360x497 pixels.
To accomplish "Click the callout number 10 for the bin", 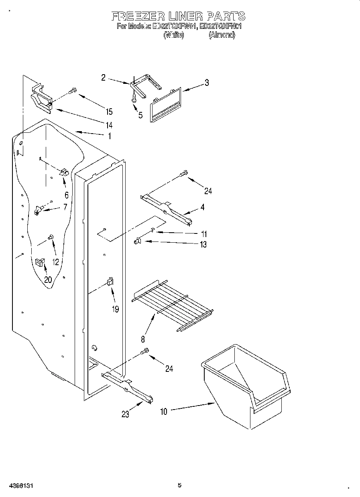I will pos(164,410).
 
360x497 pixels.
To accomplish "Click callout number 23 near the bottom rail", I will pos(126,414).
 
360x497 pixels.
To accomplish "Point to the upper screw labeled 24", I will pos(183,174).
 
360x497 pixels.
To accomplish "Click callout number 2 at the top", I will pos(103,78).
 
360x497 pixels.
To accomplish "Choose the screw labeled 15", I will pos(73,91).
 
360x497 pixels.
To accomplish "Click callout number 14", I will pos(109,124).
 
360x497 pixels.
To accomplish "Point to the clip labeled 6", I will pos(64,172).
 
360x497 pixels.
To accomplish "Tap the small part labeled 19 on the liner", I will pos(110,281).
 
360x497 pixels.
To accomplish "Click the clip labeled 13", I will pos(137,241).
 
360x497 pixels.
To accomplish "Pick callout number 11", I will pos(204,234).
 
